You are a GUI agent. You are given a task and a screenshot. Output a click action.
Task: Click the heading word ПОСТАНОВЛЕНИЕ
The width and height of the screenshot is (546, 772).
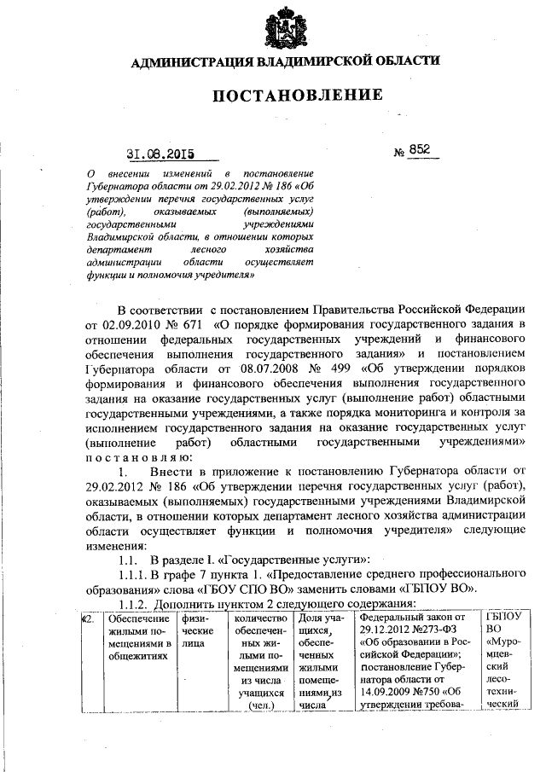[287, 93]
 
